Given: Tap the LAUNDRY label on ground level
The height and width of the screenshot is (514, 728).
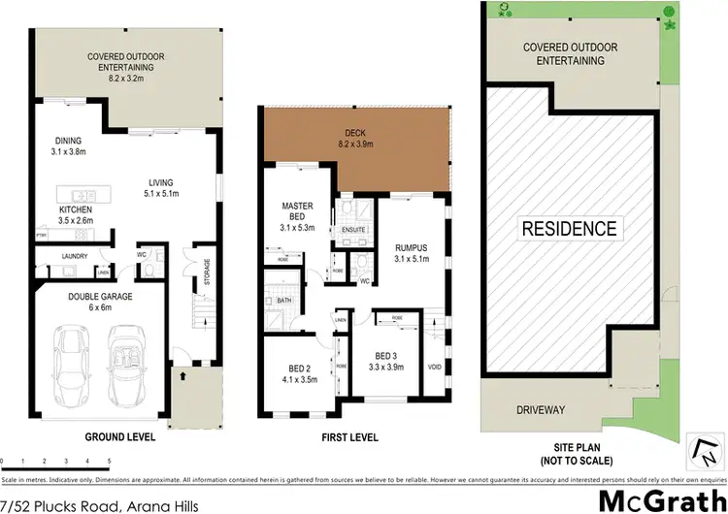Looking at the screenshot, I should click(74, 256).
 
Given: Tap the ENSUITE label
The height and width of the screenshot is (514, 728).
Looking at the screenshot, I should click(351, 230).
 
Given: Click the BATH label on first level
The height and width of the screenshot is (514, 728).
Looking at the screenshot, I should click(283, 301).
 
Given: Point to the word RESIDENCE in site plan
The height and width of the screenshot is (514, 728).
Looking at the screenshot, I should click(570, 229).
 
